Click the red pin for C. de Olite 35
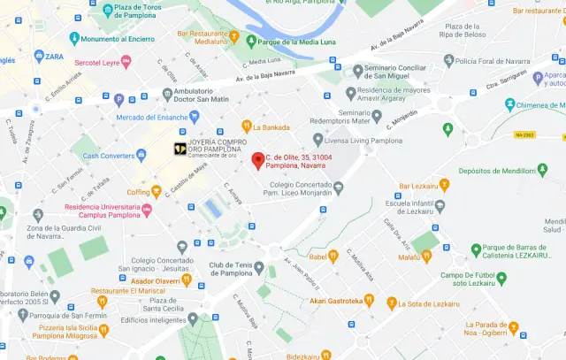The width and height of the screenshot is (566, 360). coord(257,160)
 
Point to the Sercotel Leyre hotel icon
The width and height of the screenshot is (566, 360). coord(126,62)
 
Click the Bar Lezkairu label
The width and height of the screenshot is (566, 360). coord(421,186)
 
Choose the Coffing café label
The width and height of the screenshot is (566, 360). coord(138,191)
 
